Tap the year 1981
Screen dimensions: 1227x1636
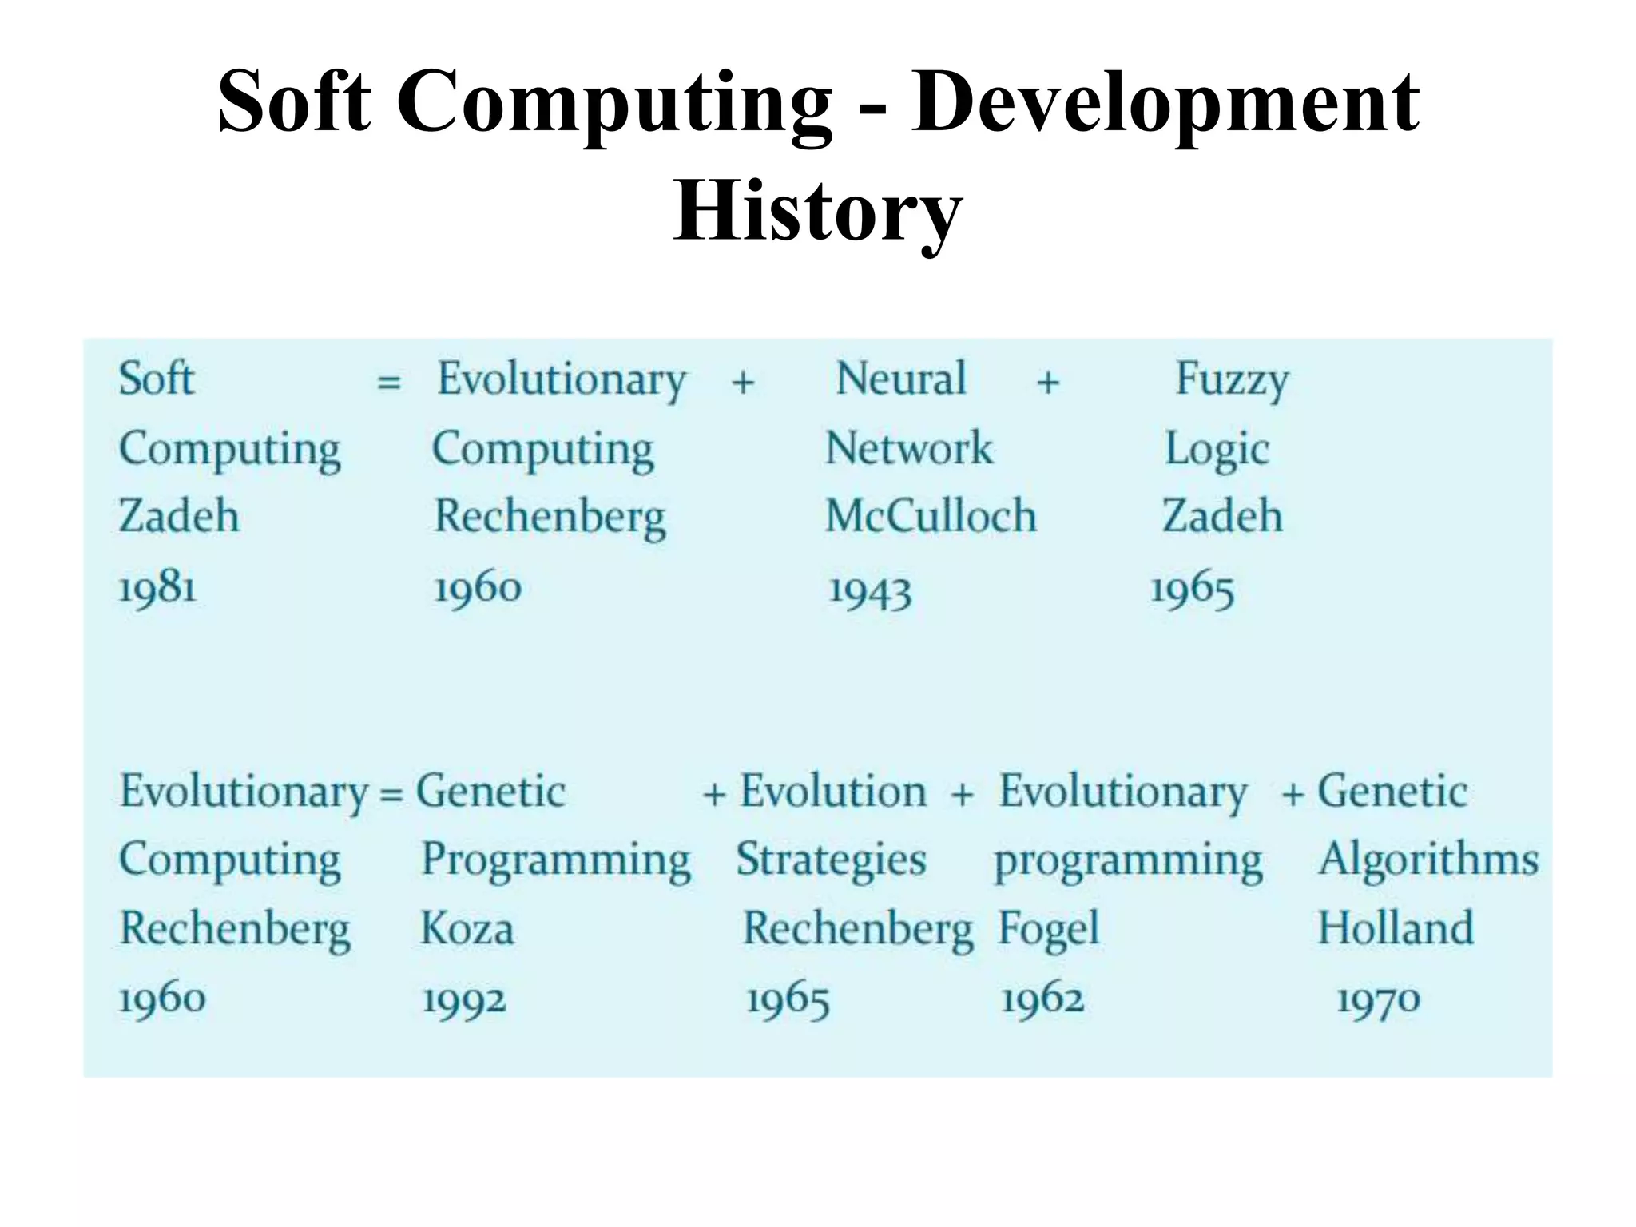(x=157, y=590)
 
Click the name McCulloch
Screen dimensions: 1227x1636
(x=931, y=516)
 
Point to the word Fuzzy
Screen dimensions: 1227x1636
(x=1231, y=380)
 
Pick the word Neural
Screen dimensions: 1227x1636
(x=900, y=379)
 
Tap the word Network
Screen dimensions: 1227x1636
(x=908, y=448)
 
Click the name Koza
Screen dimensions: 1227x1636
(x=467, y=929)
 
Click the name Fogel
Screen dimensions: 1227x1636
(x=1049, y=930)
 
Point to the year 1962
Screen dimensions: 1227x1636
(x=1042, y=999)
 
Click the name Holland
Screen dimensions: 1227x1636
(x=1395, y=929)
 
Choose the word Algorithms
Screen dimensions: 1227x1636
(x=1428, y=860)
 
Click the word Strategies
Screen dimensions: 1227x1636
(x=831, y=860)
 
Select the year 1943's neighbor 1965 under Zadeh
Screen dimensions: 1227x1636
(x=1192, y=591)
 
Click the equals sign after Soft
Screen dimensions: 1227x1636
(x=388, y=382)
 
